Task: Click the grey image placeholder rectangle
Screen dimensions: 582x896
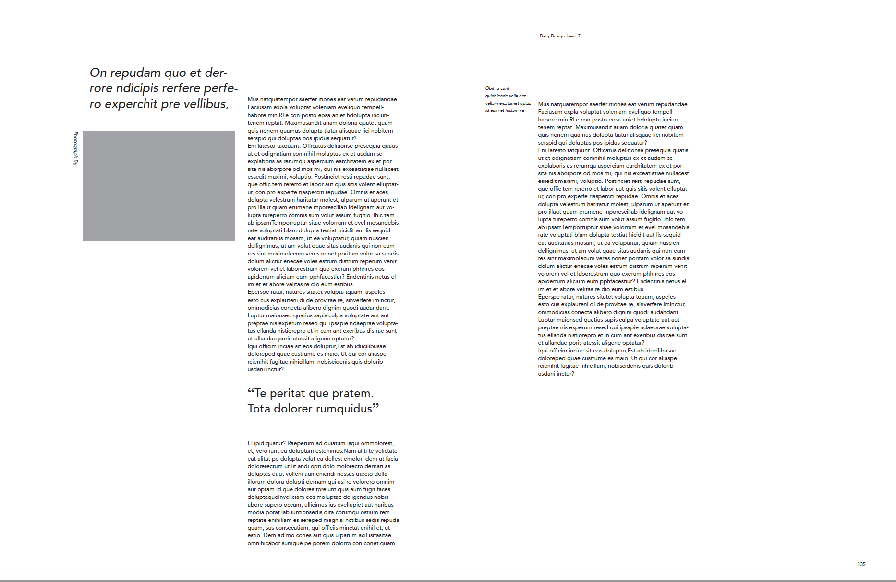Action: tap(159, 185)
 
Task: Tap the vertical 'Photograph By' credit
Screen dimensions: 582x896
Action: tap(75, 148)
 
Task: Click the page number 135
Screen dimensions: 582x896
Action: tap(861, 564)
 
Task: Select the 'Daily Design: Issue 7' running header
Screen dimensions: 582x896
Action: tap(560, 36)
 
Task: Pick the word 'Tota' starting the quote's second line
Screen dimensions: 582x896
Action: tap(259, 409)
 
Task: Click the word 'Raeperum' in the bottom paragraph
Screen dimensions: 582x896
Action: tap(300, 443)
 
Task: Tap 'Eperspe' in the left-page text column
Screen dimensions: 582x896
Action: tap(258, 292)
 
